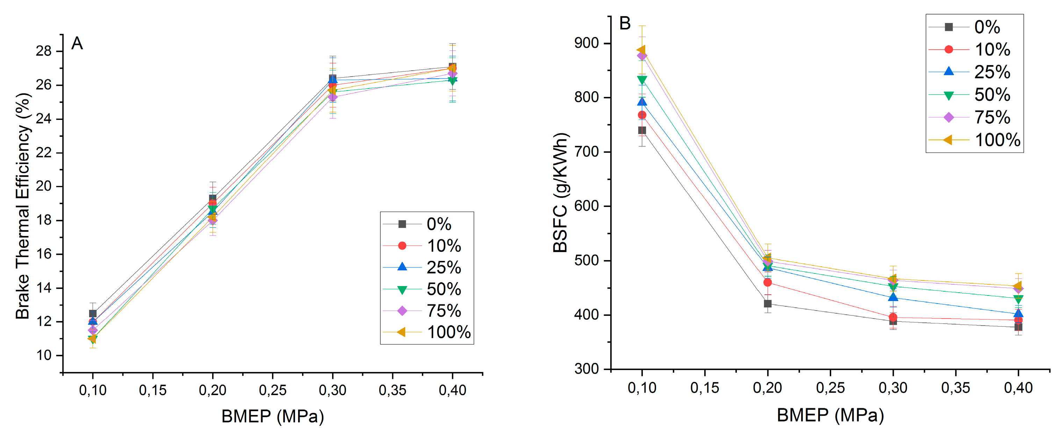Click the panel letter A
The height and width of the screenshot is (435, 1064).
pos(77,43)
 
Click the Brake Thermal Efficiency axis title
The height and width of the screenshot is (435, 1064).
pos(23,206)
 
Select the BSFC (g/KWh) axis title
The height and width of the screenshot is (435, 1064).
pos(561,193)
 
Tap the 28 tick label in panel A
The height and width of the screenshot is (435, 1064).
pos(44,51)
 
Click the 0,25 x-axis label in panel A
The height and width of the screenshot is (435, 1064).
pos(272,390)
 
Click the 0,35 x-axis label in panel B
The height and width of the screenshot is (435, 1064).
pos(955,388)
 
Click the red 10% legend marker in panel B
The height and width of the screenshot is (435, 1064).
pos(949,50)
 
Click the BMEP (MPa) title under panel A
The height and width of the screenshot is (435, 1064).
pos(272,416)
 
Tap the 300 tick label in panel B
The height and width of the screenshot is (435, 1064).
pos(587,369)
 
